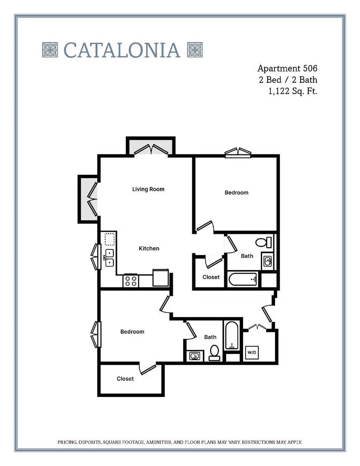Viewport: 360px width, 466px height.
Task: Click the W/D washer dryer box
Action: click(252, 353)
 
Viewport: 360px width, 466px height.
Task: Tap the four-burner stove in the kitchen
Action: click(131, 281)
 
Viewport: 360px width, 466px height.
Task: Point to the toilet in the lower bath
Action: click(214, 353)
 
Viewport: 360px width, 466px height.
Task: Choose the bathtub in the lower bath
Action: click(232, 335)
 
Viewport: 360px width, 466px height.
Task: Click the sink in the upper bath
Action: click(268, 261)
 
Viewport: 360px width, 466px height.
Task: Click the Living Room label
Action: click(148, 189)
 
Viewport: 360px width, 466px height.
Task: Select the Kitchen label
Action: click(149, 249)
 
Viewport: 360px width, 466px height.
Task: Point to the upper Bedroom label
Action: click(236, 192)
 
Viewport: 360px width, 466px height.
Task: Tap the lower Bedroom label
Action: click(132, 332)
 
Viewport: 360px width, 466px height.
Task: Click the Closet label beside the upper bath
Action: click(211, 277)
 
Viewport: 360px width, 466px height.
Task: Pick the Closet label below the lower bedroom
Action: click(125, 379)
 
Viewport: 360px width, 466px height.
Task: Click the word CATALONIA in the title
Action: click(122, 50)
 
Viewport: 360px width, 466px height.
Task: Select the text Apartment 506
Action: click(287, 68)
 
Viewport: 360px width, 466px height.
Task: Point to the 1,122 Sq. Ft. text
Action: click(293, 91)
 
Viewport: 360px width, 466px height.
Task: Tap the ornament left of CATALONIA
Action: click(50, 50)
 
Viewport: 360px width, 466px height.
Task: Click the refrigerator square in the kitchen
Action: click(161, 277)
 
